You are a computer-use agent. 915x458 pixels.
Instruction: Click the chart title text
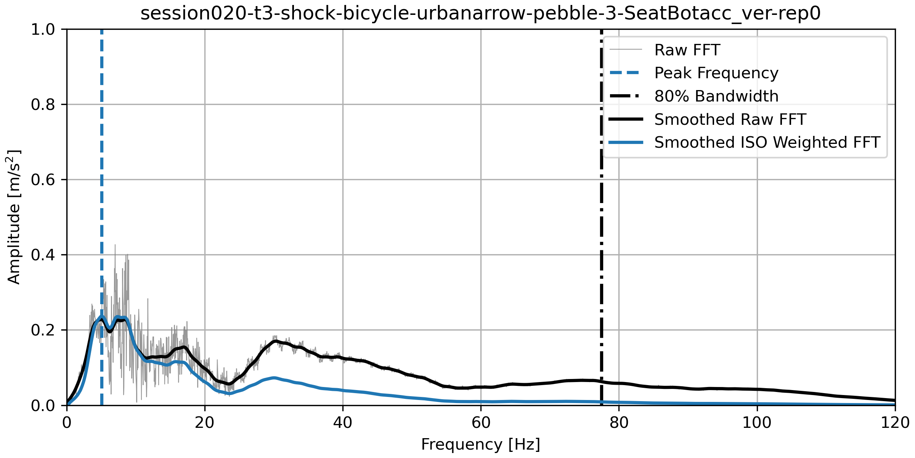[x=480, y=14]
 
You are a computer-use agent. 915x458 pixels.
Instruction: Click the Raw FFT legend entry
[x=687, y=50]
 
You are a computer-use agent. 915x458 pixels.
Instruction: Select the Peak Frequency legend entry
[x=716, y=73]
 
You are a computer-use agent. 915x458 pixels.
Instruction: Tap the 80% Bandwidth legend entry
[x=716, y=96]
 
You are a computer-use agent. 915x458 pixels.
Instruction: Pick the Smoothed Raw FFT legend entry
[x=730, y=119]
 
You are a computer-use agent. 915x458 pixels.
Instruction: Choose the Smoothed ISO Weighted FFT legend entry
[x=767, y=142]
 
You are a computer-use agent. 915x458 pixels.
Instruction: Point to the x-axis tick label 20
[x=205, y=423]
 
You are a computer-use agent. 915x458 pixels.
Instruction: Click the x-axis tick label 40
[x=343, y=423]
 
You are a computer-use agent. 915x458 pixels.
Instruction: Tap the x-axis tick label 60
[x=481, y=423]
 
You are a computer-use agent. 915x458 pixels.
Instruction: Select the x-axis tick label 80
[x=619, y=423]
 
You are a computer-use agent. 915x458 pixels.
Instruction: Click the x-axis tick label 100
[x=757, y=423]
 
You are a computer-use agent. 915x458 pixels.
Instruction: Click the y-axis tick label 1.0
[x=43, y=30]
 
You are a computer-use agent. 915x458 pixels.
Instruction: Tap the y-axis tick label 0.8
[x=43, y=105]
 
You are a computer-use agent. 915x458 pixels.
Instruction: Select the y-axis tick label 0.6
[x=43, y=180]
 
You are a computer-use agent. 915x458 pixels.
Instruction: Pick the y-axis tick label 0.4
[x=43, y=255]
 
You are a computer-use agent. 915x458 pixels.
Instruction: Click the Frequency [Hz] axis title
[x=480, y=445]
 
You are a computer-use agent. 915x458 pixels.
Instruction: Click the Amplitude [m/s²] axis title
[x=14, y=217]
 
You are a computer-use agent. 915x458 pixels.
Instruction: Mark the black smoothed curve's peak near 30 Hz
[x=274, y=341]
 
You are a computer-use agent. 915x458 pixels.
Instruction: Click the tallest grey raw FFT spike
[x=115, y=245]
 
